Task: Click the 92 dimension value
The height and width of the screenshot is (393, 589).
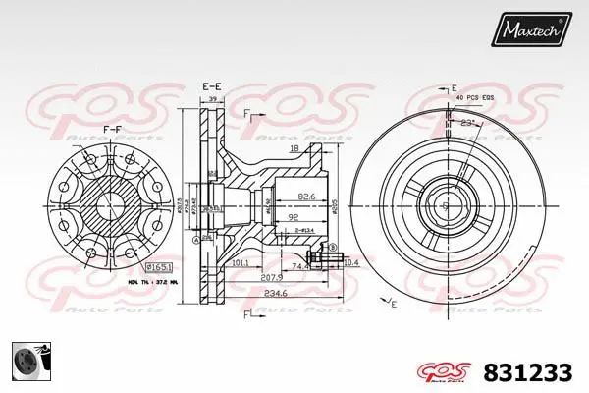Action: [x=292, y=216]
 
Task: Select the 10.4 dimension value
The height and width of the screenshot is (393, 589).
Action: [x=351, y=263]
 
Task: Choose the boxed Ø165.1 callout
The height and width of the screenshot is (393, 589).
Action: [x=157, y=267]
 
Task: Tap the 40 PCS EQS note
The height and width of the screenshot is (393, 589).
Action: [x=476, y=99]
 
